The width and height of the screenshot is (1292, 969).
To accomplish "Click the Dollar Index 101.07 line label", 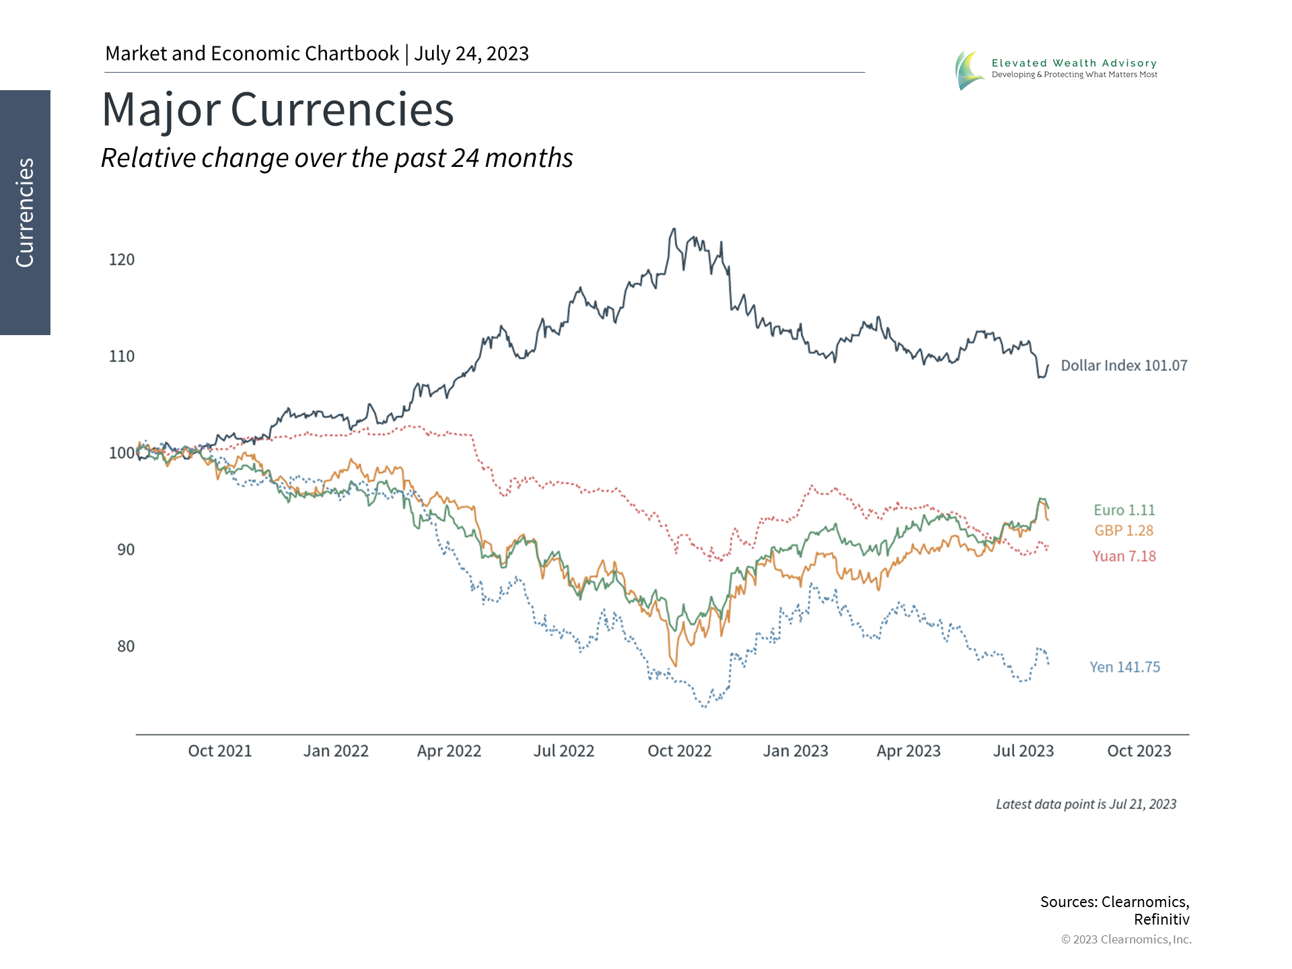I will (x=1124, y=365).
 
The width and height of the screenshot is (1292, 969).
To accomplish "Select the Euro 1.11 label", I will (x=1124, y=510).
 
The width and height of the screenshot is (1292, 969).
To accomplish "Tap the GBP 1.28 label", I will (x=1124, y=530).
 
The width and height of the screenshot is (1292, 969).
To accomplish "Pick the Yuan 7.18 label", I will (x=1124, y=556).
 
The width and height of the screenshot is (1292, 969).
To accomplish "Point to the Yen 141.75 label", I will (x=1124, y=667).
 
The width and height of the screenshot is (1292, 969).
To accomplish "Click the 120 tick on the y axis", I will (x=122, y=260).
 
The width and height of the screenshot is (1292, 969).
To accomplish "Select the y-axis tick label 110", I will (x=122, y=356).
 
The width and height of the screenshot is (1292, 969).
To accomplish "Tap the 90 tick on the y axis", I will (x=126, y=550).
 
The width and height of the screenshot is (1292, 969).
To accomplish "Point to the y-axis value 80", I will (x=126, y=646).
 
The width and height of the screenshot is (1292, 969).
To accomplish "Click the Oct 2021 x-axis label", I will (x=219, y=751).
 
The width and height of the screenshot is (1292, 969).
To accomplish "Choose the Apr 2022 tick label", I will (x=449, y=751).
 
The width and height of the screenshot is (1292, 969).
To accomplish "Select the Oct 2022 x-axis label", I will (x=679, y=751).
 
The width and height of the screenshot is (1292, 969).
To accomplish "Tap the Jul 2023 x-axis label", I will (x=1023, y=751).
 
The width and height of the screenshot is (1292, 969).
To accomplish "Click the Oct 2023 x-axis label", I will (x=1139, y=751).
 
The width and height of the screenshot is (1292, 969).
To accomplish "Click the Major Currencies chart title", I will (x=278, y=110).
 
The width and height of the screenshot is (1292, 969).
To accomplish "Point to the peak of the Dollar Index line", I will (x=674, y=229).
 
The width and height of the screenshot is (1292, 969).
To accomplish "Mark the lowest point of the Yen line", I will (x=705, y=707).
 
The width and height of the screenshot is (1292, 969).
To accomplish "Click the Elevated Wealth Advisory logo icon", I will (x=969, y=70).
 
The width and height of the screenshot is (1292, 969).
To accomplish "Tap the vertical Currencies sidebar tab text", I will (x=25, y=213).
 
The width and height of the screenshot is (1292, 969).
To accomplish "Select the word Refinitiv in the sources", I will (x=1161, y=919).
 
